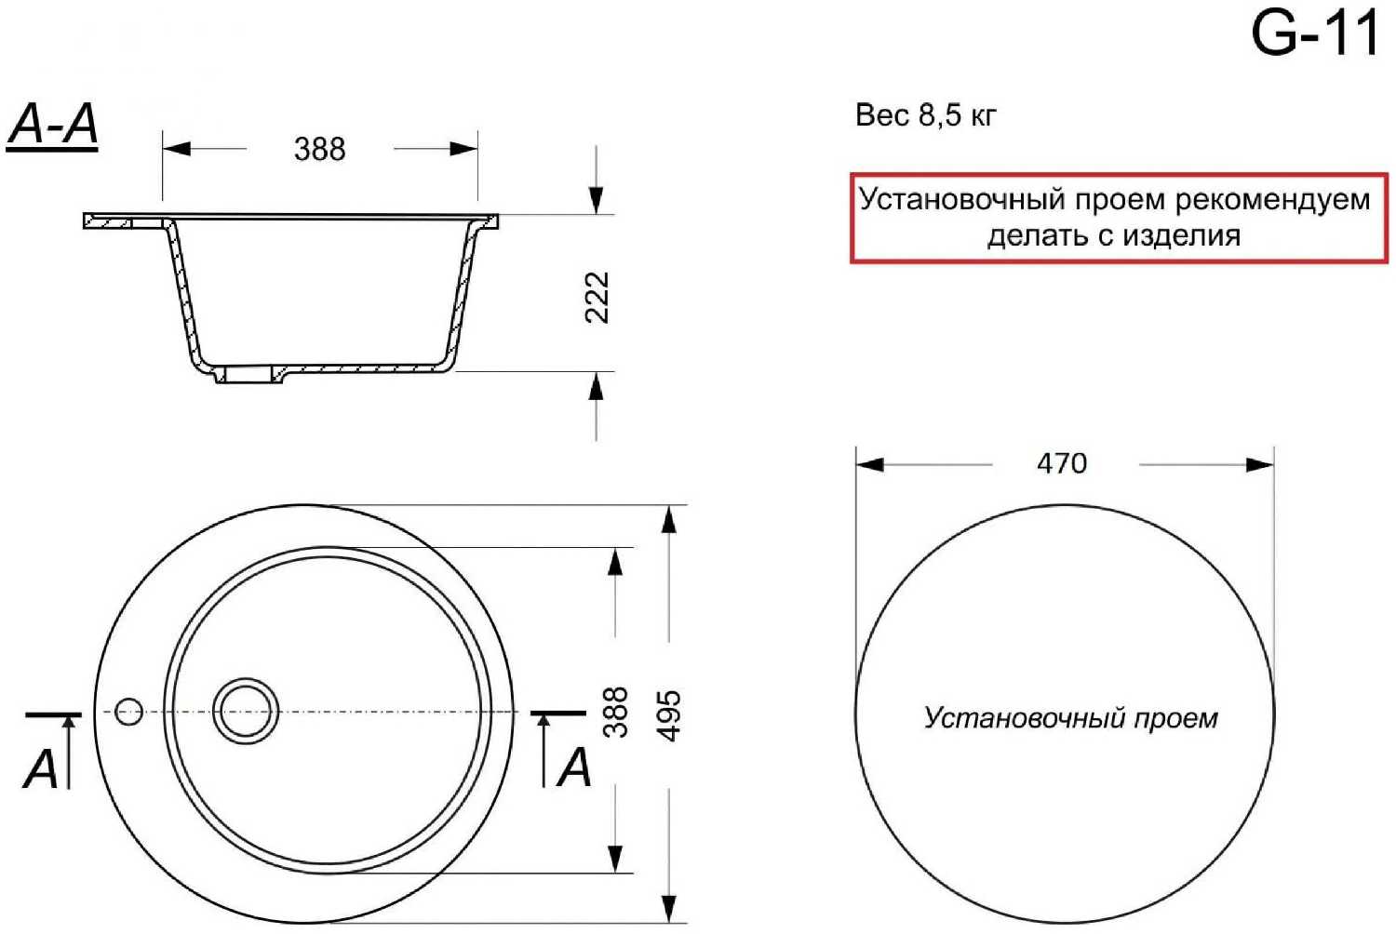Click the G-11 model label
(x=1314, y=35)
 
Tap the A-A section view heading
(x=53, y=125)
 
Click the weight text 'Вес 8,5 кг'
(x=925, y=115)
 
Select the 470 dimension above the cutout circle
(x=1062, y=463)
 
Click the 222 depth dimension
(x=597, y=297)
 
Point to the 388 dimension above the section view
(x=319, y=149)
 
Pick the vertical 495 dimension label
(x=669, y=714)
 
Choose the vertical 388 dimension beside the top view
(x=615, y=713)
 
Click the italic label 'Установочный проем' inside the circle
(x=1070, y=718)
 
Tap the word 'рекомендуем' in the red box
(x=1273, y=200)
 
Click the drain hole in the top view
(x=246, y=711)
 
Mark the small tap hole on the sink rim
(x=129, y=712)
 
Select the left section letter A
(x=41, y=768)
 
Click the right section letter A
(x=574, y=768)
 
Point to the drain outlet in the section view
(x=248, y=375)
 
